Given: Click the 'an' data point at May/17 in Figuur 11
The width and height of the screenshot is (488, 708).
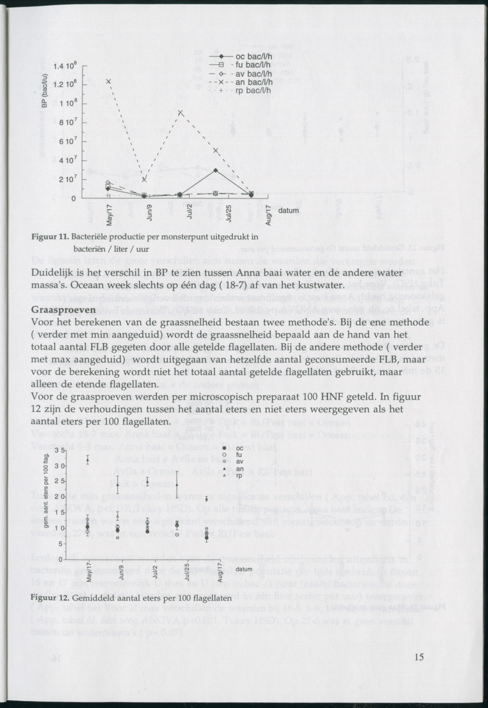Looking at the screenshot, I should [x=109, y=81].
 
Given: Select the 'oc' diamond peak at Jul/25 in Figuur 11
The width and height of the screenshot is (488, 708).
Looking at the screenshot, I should [x=216, y=170].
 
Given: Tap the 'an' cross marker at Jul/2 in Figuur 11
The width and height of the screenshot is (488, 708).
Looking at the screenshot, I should [x=181, y=113].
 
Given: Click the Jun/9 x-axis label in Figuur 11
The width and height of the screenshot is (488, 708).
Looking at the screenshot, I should [x=149, y=214].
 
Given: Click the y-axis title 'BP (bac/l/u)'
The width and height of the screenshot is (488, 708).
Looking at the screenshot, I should [x=44, y=90].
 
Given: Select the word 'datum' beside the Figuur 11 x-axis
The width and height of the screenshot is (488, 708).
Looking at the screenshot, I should [x=289, y=211].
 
